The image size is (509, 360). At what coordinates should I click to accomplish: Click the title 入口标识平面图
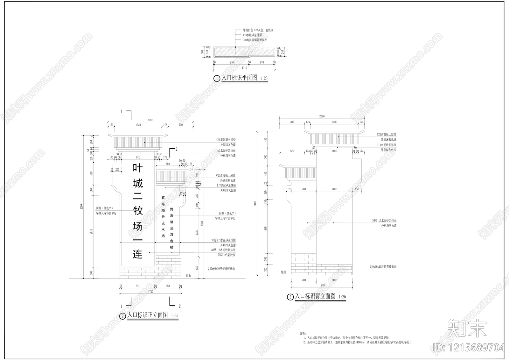[239, 78]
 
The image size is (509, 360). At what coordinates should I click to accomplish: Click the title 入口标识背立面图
[315, 296]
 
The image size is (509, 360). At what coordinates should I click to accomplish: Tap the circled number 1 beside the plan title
[217, 79]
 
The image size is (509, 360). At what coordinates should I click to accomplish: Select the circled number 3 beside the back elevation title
[290, 297]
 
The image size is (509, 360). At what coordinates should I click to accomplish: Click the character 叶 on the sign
[138, 168]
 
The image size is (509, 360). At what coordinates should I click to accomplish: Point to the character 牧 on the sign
[138, 211]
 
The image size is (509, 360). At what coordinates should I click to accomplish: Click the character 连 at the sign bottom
[138, 254]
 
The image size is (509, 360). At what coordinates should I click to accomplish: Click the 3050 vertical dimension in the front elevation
[202, 224]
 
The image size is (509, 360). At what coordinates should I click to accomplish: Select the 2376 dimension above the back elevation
[322, 116]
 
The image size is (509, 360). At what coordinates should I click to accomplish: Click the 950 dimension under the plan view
[232, 62]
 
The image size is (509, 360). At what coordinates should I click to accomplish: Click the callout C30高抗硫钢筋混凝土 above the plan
[254, 40]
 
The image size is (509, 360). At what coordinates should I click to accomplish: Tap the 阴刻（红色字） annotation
[104, 208]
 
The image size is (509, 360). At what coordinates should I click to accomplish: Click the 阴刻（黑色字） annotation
[227, 213]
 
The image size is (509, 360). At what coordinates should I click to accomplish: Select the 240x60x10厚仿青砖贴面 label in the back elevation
[383, 266]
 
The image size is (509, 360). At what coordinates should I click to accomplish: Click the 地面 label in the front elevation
[188, 275]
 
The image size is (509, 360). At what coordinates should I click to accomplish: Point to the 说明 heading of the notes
[302, 333]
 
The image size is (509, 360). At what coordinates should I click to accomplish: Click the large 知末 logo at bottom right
[467, 328]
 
